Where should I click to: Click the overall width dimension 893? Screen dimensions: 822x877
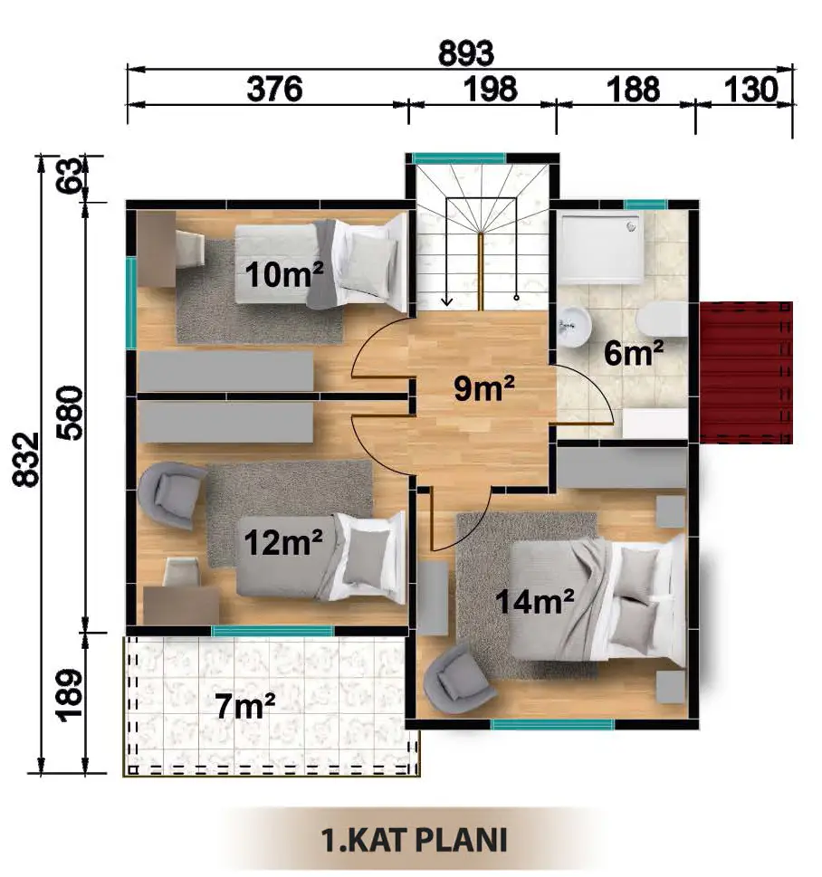465,53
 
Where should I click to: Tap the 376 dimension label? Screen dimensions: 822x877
274,89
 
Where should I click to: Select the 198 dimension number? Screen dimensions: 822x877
490,89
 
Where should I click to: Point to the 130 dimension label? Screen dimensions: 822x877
751,89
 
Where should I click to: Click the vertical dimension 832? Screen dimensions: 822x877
26,459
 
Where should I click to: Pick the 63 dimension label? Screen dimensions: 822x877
70,176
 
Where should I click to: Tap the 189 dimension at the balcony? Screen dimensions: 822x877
70,695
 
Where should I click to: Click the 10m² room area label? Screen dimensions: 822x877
284,274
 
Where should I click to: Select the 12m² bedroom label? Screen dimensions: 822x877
283,542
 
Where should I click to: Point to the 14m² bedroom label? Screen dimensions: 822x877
534,602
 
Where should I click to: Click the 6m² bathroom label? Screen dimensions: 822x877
634,354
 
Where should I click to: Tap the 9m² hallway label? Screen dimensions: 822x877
484,388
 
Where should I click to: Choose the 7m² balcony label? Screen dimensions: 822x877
245,706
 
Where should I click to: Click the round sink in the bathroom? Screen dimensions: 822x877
574,327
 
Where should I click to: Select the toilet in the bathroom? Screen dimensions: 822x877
662,319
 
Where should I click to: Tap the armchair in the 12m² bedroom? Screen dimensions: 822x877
172,495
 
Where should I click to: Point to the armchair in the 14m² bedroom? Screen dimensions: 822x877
458,679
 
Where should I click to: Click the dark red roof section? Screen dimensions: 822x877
746,373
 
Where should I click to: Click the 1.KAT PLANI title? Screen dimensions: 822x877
415,840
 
